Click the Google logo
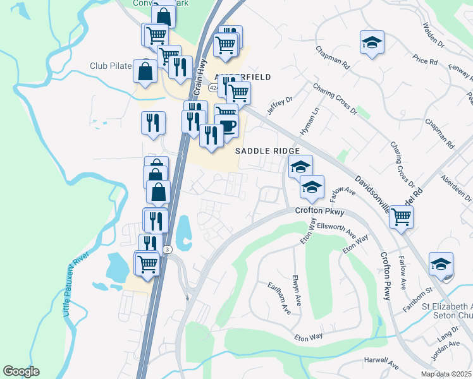tap(21, 371)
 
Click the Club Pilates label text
tap(110, 66)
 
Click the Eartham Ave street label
tap(279, 298)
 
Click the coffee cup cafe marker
tap(227, 125)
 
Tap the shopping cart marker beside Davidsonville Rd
tap(402, 217)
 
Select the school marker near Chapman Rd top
tap(372, 42)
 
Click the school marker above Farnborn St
tap(441, 263)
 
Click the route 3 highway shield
tap(167, 250)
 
